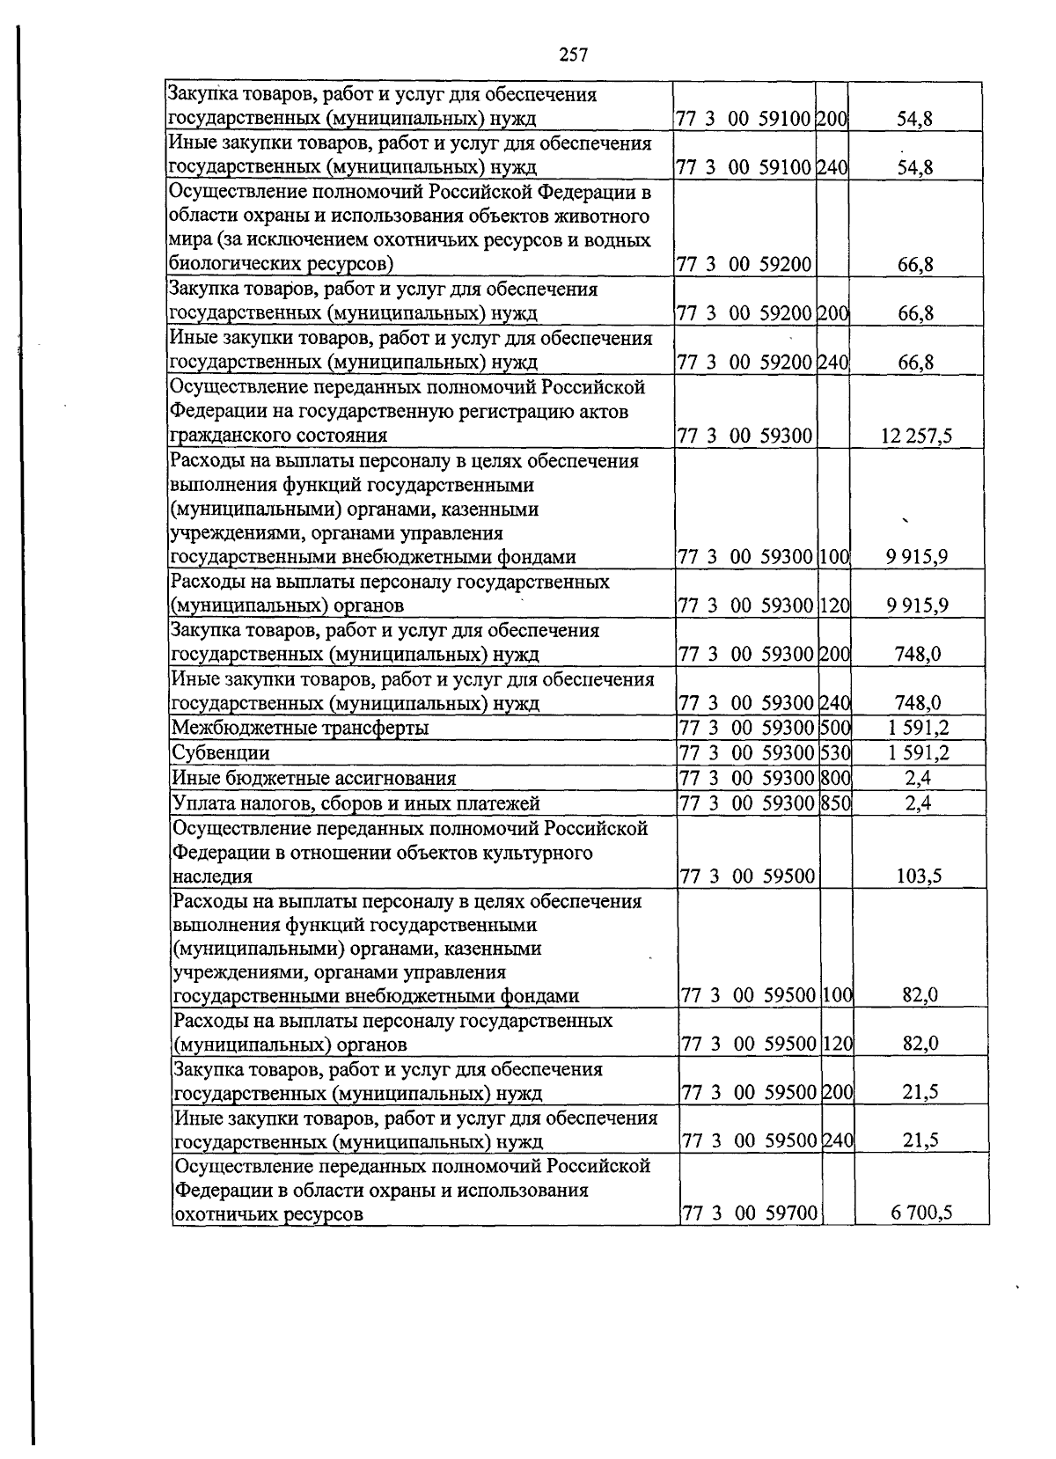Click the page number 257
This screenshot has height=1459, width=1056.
coord(573,55)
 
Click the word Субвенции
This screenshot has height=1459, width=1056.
coord(221,753)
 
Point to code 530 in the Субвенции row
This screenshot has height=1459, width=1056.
coord(834,753)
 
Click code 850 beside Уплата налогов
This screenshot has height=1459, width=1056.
coord(834,803)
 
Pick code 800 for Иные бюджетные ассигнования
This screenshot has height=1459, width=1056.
coord(834,778)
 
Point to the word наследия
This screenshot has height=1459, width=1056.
coord(213,876)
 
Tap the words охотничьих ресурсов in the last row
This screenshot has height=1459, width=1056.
coord(268,1215)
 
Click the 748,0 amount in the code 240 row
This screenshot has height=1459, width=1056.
coord(917,703)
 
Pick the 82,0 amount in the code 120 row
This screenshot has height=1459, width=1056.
coord(920,1045)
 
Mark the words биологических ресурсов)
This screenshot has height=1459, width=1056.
coord(281,264)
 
